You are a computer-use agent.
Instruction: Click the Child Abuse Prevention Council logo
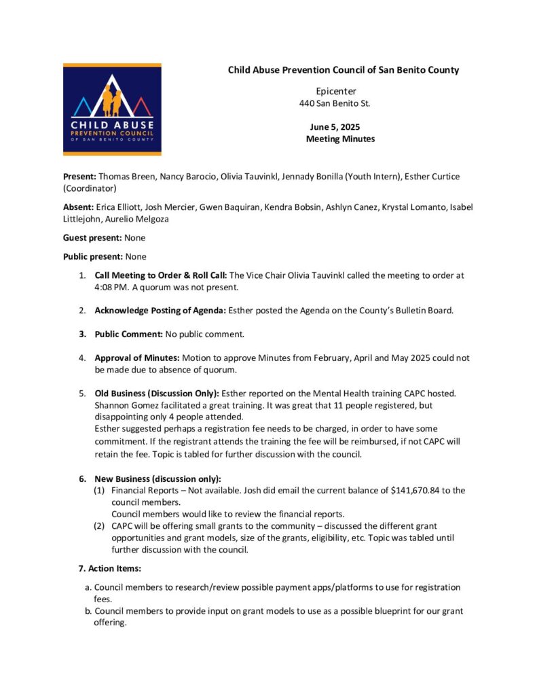[x=112, y=109]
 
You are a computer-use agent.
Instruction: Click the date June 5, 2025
[x=335, y=127]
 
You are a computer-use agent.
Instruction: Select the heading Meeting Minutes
[x=340, y=139]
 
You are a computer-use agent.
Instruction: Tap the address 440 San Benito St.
[x=335, y=103]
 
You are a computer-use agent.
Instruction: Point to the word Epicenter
[x=336, y=91]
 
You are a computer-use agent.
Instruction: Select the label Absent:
[x=78, y=207]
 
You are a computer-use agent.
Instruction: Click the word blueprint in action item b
[x=365, y=611]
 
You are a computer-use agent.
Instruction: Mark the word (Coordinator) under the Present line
[x=90, y=188]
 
